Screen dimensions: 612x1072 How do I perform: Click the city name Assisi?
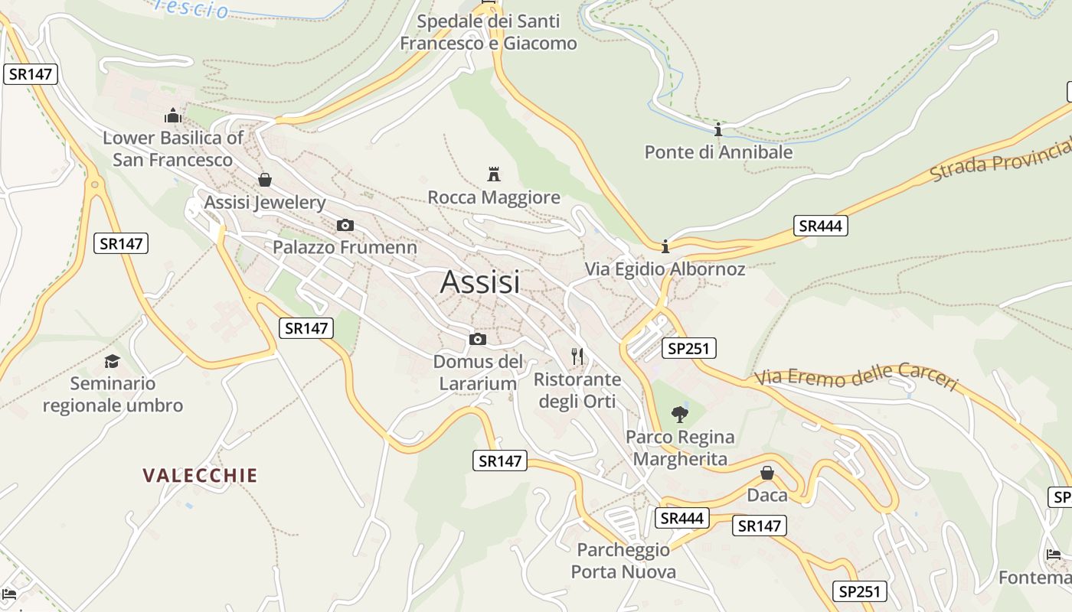point(480,282)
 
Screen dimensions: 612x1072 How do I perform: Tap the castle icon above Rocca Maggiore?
point(494,174)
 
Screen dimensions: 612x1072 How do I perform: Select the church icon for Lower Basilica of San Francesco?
point(173,116)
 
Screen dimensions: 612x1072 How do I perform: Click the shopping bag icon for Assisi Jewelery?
point(264,180)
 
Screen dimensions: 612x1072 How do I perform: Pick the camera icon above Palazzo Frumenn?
point(345,225)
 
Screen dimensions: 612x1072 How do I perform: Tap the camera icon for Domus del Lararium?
point(478,339)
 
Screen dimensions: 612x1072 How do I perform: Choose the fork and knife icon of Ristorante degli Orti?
point(577,356)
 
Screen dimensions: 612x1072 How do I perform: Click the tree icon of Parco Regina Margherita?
point(679,415)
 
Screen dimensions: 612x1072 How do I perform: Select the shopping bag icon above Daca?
point(767,473)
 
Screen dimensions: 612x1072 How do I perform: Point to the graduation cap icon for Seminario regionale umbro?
point(113,361)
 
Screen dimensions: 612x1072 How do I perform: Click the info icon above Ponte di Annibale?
point(718,129)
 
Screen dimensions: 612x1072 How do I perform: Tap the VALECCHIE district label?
point(200,475)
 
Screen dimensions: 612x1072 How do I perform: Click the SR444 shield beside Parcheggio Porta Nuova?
point(682,518)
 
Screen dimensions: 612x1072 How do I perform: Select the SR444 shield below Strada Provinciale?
point(820,226)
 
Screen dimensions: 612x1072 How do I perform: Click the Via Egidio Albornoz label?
point(665,269)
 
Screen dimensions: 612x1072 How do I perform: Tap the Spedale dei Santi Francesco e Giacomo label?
point(489,32)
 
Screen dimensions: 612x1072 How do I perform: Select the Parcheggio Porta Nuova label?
point(623,561)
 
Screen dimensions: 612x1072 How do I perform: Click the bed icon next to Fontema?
point(1054,555)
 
